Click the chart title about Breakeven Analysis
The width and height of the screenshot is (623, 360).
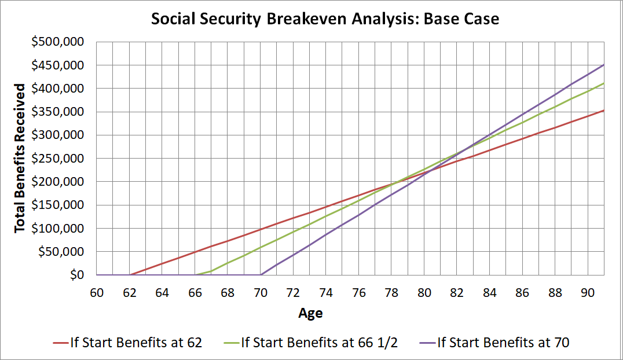324,19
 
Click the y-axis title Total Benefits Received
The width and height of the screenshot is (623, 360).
20,158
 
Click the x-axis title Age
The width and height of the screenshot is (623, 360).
310,314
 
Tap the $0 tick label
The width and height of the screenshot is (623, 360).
77,275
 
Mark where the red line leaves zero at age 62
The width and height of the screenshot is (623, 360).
130,275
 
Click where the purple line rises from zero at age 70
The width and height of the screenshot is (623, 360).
261,275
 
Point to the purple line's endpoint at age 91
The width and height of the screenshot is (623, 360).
604,65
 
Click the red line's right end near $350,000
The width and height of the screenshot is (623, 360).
604,111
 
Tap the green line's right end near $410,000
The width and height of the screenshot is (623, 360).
604,83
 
